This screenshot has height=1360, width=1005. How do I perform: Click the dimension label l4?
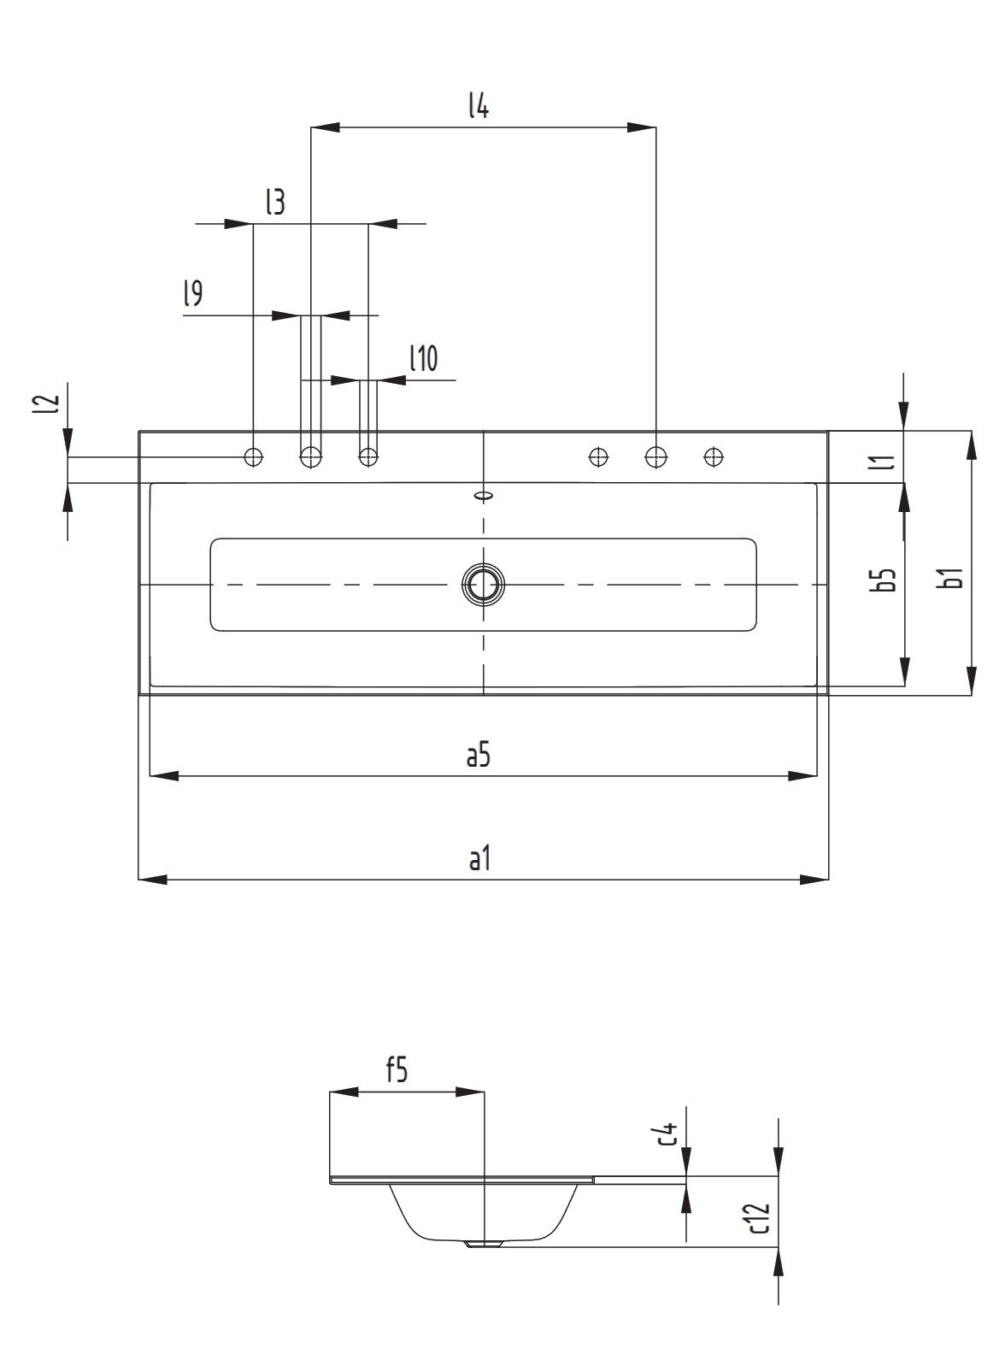(x=478, y=106)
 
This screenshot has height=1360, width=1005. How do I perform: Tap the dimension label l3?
(x=274, y=203)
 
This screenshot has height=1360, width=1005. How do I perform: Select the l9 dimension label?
(x=192, y=294)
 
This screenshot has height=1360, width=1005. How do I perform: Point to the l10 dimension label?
(x=423, y=358)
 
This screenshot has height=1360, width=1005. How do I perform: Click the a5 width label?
(x=479, y=755)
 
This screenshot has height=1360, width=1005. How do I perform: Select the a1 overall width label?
(x=479, y=858)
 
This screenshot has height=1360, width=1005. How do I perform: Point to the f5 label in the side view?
(x=397, y=1070)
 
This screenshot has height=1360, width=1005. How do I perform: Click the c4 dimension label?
(x=669, y=1133)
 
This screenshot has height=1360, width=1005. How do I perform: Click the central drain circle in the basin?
(x=484, y=585)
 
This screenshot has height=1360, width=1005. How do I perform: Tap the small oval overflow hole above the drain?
(x=484, y=494)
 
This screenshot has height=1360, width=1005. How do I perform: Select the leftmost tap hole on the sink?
(x=254, y=457)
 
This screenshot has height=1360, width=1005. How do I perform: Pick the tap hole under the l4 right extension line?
(x=655, y=457)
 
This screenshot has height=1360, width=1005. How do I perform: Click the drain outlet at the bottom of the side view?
(x=483, y=1245)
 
